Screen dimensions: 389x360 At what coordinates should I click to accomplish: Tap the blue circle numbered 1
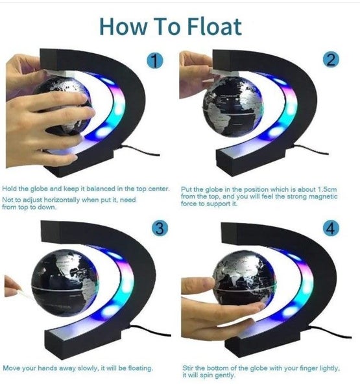154,62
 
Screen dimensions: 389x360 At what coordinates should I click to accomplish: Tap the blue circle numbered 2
331,60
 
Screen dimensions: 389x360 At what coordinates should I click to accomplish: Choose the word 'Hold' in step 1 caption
10,189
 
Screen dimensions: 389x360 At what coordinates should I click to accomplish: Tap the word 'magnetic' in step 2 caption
330,196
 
